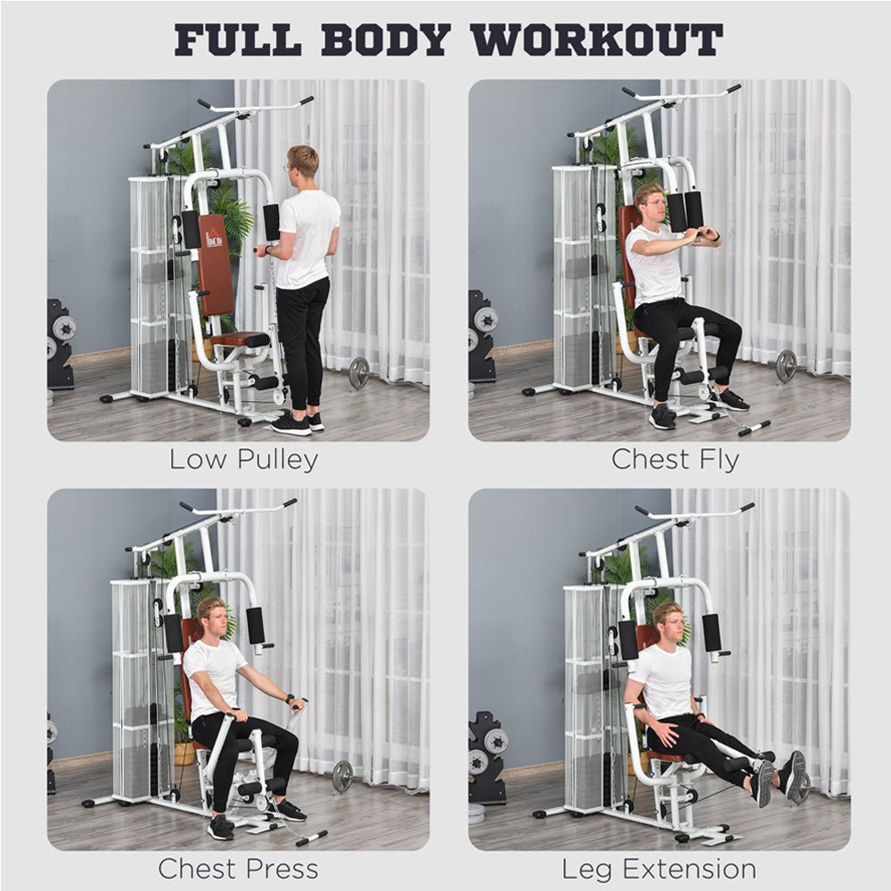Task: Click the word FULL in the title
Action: pyautogui.click(x=237, y=40)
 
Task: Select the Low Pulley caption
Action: pyautogui.click(x=243, y=460)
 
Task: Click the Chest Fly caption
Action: pyautogui.click(x=674, y=460)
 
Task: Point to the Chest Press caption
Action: pyautogui.click(x=238, y=868)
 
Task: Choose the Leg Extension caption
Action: pyautogui.click(x=658, y=868)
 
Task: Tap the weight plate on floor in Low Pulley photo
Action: pyautogui.click(x=358, y=372)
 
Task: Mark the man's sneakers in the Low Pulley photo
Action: pyautogui.click(x=298, y=422)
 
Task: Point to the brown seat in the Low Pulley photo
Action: pyautogui.click(x=238, y=339)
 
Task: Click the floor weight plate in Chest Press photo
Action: pyautogui.click(x=342, y=776)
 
